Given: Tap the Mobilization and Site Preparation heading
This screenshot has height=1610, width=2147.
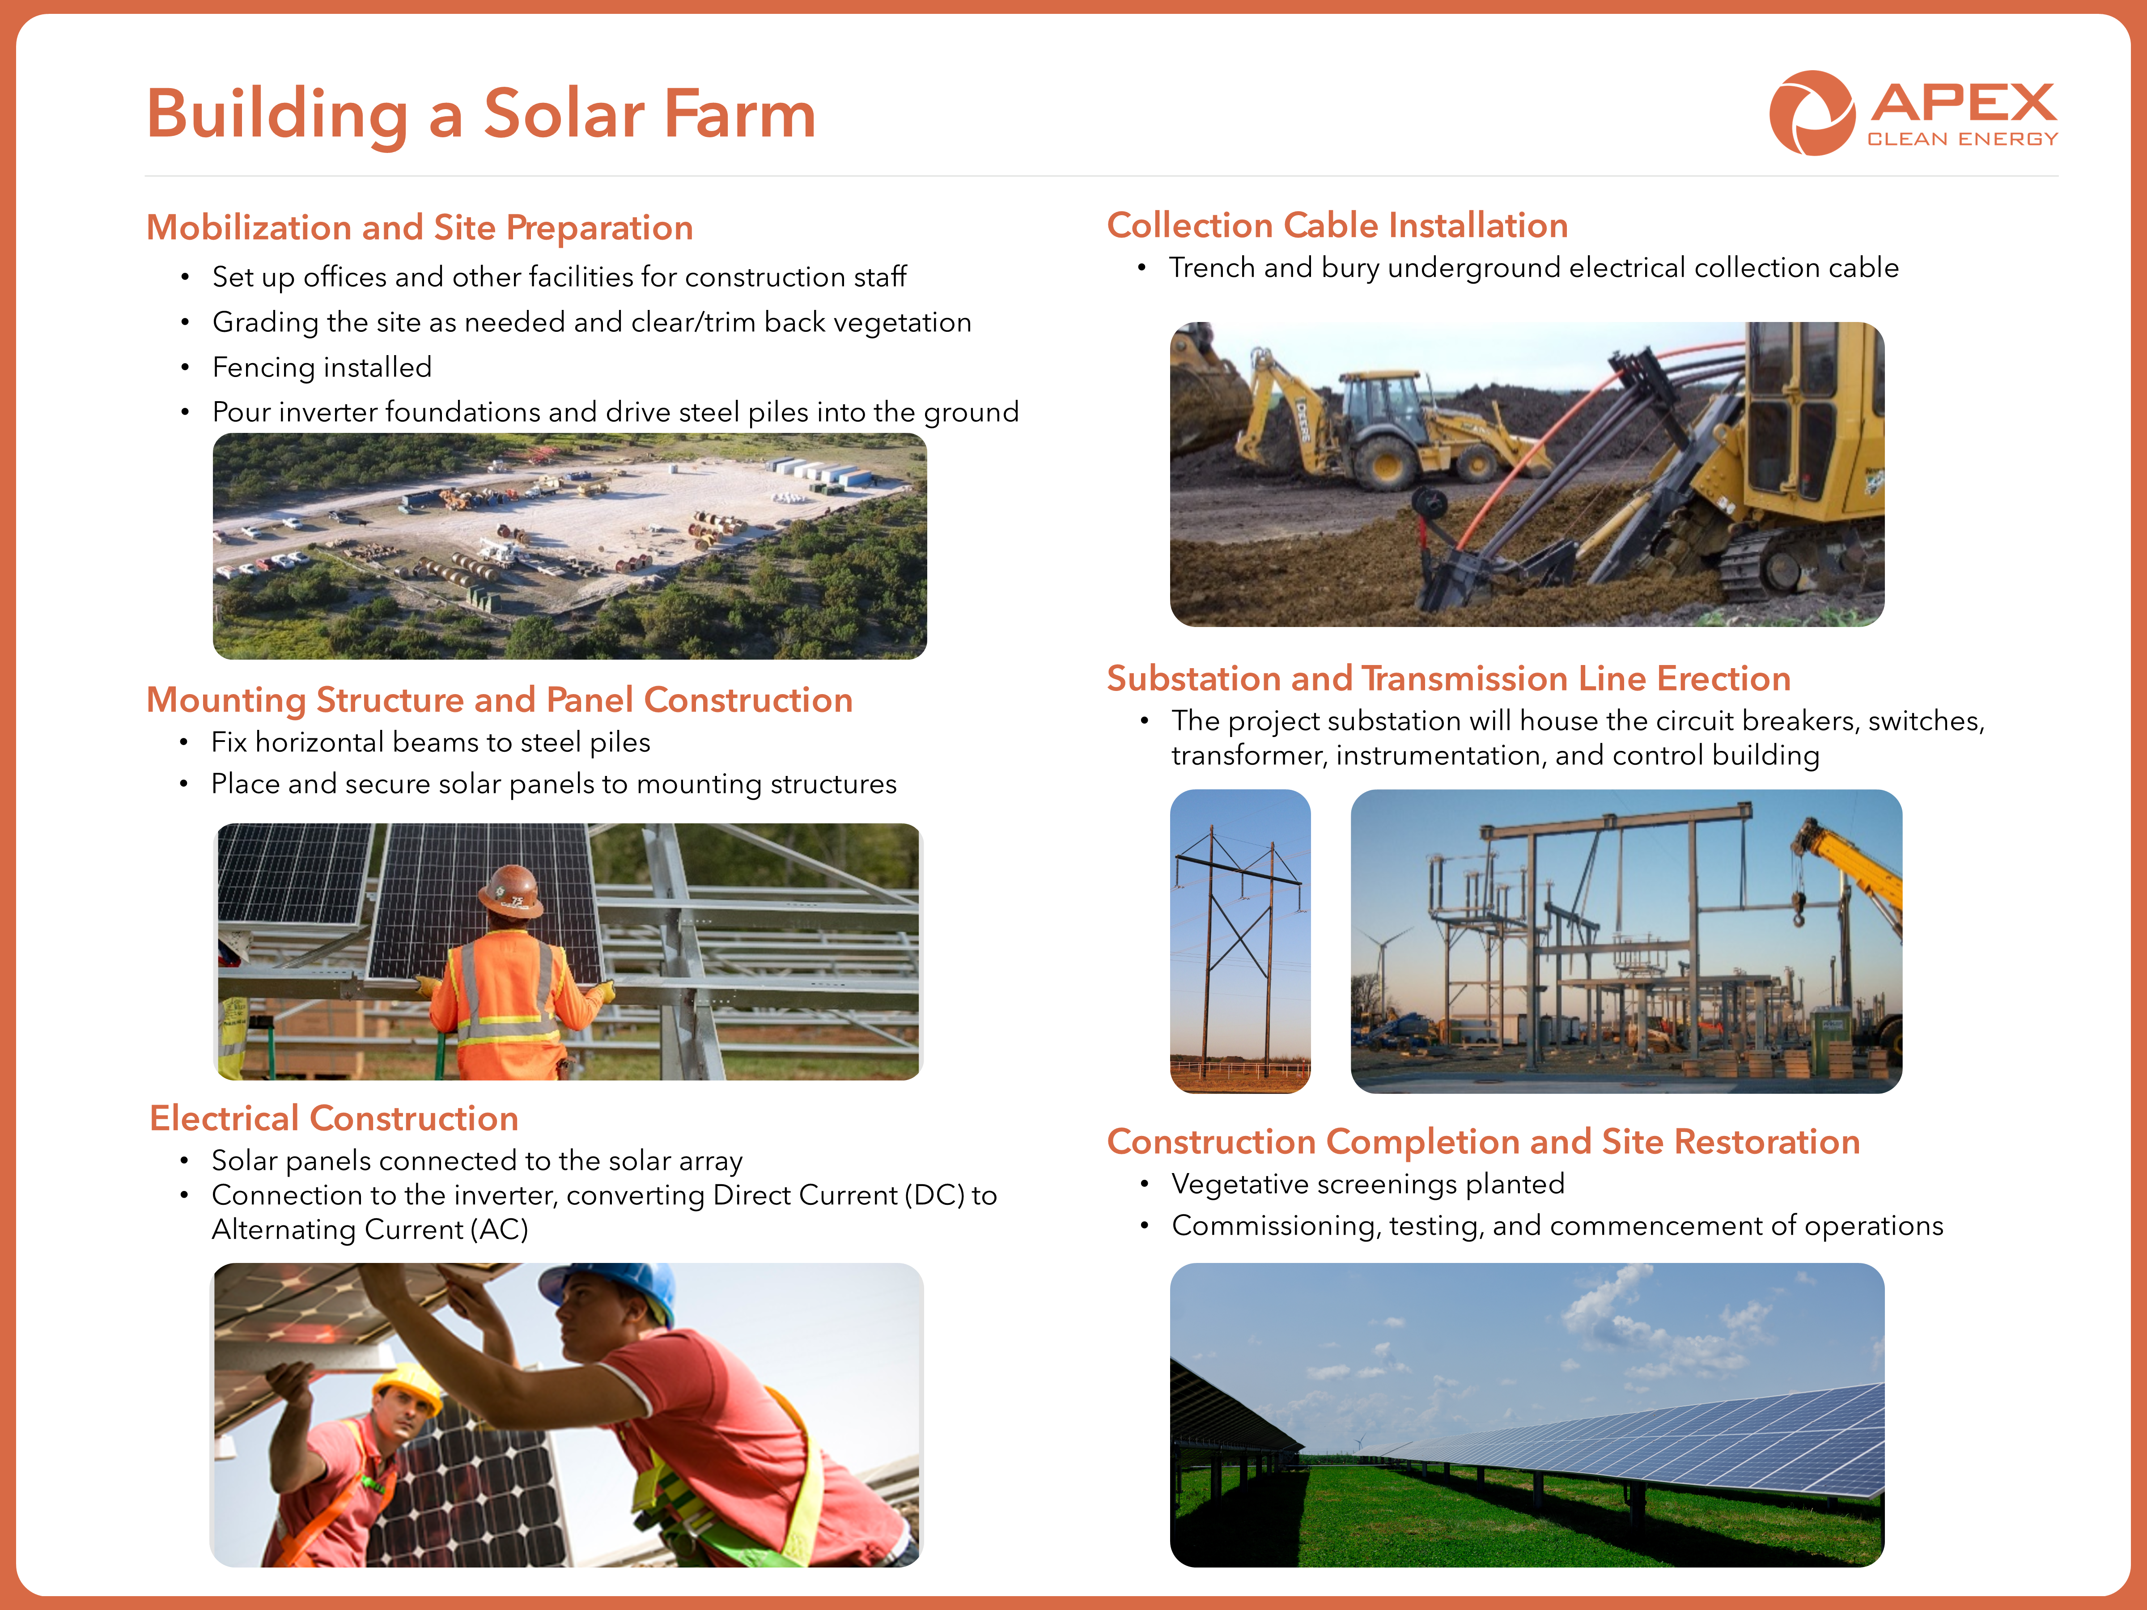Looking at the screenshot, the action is [419, 228].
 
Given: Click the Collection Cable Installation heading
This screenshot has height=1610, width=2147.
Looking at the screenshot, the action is [1337, 225].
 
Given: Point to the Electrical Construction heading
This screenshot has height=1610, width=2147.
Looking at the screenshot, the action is [334, 1118].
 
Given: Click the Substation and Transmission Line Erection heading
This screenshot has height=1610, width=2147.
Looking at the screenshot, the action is [1448, 678].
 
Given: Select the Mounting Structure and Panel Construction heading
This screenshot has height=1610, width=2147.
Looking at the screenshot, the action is [499, 700].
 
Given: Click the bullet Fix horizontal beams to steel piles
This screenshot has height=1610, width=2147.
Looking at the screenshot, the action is [431, 742].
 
